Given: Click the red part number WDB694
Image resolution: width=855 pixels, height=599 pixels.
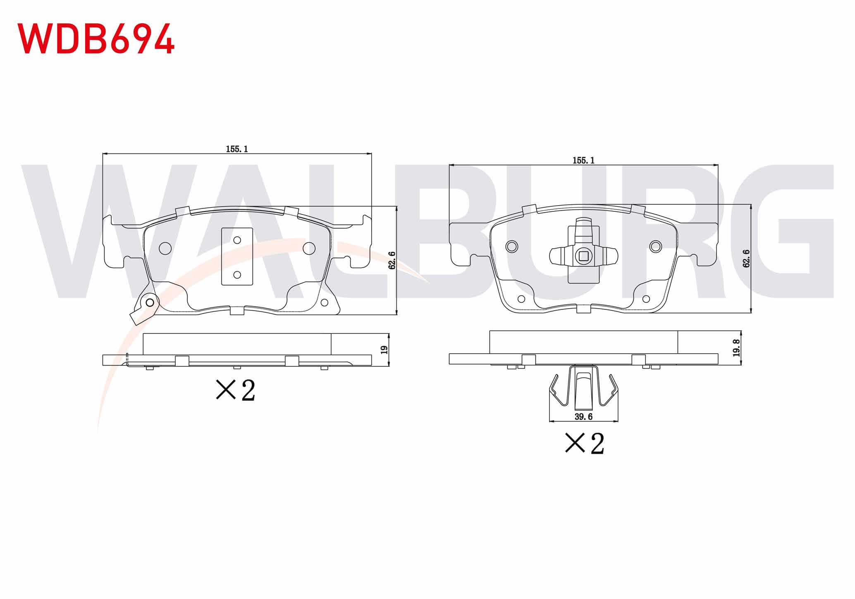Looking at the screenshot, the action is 96,38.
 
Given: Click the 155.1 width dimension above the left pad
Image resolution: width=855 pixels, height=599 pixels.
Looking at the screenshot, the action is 237,149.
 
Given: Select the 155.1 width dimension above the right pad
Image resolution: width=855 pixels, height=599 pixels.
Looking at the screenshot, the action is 583,161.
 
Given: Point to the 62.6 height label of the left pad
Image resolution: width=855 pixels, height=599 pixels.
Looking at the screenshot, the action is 392,260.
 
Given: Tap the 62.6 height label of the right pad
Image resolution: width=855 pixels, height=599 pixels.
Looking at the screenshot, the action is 746,259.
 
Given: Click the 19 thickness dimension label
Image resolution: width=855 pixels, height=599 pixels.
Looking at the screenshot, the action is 384,350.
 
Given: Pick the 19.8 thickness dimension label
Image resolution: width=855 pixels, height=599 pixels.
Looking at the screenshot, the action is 736,348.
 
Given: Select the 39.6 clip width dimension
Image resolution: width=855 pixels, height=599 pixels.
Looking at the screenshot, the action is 583,417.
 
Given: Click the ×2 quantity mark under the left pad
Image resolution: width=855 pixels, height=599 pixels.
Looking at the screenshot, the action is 236,390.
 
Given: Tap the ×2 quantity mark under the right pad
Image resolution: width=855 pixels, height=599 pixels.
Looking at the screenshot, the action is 585,443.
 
